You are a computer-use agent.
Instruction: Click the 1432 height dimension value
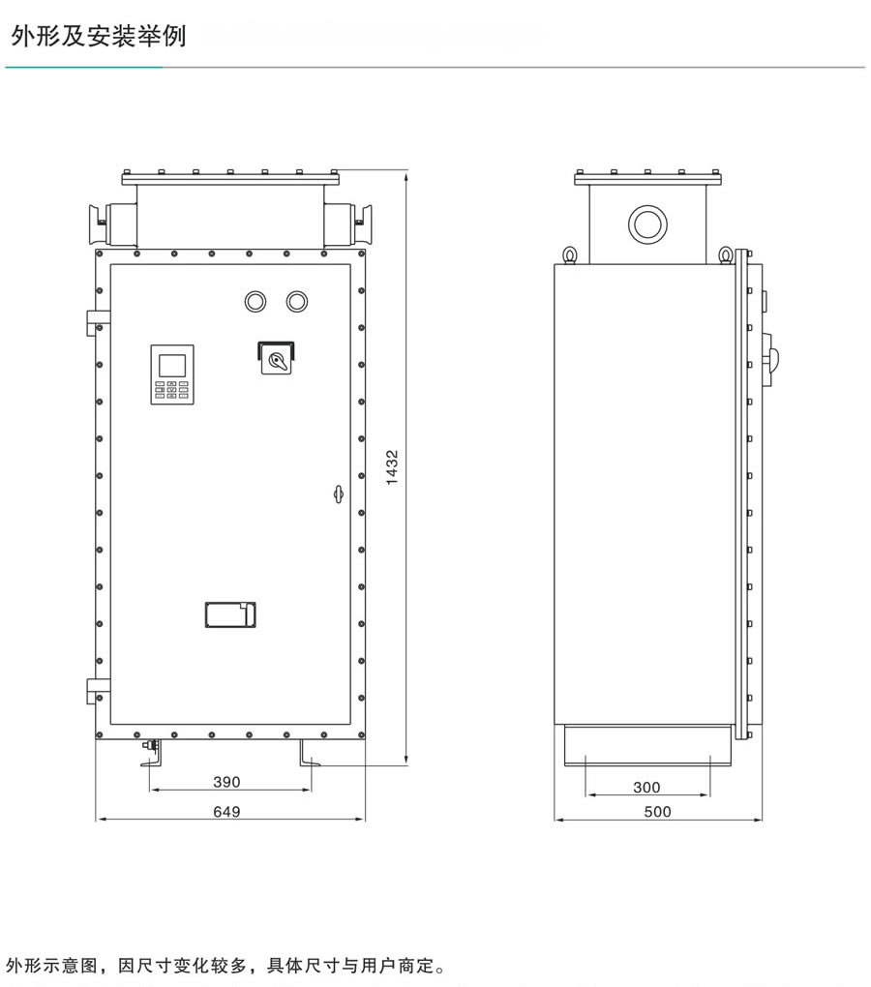click(392, 467)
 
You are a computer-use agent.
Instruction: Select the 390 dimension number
click(226, 782)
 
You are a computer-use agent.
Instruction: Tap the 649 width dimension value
click(226, 812)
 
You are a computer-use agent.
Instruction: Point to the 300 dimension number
click(646, 787)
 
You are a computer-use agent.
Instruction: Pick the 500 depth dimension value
click(657, 812)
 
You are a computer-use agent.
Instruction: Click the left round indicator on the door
click(255, 302)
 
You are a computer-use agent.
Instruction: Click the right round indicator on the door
click(296, 302)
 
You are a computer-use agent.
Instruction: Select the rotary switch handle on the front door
click(277, 361)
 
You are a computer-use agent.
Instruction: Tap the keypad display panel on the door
click(172, 374)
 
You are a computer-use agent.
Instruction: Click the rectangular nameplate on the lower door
click(230, 615)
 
